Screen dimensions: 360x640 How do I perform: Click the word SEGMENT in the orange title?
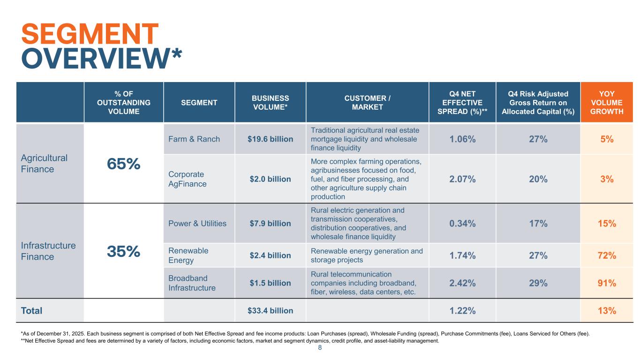pos(90,34)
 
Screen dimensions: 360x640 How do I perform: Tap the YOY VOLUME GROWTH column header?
pos(607,103)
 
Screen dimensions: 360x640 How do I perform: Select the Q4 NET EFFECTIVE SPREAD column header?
pos(462,103)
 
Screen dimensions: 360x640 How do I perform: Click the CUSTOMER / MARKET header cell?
pos(367,103)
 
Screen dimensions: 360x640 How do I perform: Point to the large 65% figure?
pos(124,164)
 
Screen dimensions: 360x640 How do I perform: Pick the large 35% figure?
pos(124,251)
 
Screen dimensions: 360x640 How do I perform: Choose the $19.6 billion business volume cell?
pos(271,139)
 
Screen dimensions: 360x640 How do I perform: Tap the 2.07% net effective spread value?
pos(462,179)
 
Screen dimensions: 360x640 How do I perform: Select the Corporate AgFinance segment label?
pos(187,179)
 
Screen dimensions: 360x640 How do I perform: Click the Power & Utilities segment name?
pos(197,223)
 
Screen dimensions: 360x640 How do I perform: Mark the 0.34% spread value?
pos(462,223)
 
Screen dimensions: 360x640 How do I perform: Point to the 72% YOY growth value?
pos(607,255)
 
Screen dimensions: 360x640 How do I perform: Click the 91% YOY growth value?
pos(607,283)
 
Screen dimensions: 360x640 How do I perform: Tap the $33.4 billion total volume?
pos(271,310)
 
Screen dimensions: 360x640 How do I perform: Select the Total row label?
pos(31,310)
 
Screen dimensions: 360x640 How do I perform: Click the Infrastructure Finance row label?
pos(48,251)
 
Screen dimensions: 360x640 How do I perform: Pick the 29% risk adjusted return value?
pos(538,283)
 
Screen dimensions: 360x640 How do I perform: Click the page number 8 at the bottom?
pos(320,348)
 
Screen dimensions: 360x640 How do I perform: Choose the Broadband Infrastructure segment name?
pos(192,283)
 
